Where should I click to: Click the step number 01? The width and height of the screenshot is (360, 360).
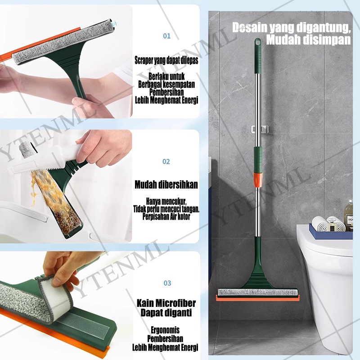(166, 36)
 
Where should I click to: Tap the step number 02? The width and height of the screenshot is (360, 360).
(166, 162)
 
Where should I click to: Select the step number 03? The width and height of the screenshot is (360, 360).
(167, 283)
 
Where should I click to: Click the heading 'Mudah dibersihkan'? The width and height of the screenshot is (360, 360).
(166, 184)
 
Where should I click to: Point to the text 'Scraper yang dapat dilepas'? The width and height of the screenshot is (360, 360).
(166, 60)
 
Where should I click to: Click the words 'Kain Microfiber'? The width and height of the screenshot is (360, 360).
(166, 303)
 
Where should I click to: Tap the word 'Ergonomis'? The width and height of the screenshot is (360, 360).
(165, 330)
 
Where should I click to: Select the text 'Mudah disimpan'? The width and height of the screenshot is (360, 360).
(309, 40)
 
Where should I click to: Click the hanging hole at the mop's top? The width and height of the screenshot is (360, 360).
(258, 42)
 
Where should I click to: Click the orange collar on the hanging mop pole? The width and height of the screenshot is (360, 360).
(257, 180)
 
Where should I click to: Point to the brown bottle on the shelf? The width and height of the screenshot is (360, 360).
(348, 215)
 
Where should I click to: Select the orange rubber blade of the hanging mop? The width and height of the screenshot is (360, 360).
(258, 298)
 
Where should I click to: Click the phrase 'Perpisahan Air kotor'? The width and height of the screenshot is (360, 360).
(166, 216)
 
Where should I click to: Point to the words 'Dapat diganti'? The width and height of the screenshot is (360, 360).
(166, 313)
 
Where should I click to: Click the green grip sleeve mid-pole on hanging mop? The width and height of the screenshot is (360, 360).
(258, 160)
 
